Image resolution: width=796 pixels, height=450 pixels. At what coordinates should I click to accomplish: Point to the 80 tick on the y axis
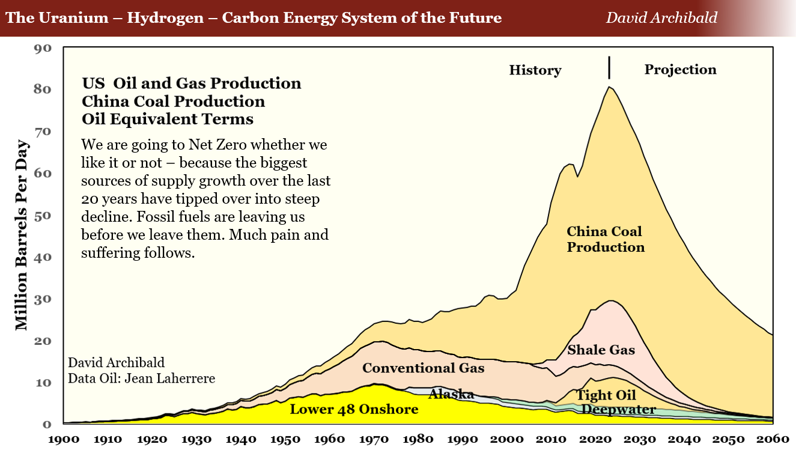43,90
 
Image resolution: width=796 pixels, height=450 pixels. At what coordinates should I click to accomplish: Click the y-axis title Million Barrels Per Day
22,236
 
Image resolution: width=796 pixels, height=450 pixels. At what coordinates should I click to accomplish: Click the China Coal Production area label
605,239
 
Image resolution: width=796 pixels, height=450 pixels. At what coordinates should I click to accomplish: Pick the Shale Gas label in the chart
601,350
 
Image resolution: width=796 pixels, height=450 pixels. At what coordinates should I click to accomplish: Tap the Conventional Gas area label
423,368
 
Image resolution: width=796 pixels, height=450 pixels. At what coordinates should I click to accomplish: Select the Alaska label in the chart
451,394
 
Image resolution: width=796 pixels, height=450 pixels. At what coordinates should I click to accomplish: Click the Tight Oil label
606,395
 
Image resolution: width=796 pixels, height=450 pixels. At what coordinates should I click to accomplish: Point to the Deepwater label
619,410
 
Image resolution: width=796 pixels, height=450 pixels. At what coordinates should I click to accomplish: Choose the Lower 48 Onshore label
354,410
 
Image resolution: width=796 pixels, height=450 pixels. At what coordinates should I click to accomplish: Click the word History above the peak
535,70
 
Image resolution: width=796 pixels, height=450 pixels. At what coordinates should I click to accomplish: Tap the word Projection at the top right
680,70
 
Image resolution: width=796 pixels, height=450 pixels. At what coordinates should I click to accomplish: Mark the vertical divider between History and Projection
609,67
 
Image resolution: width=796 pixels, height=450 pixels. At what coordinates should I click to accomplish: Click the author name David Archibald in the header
661,17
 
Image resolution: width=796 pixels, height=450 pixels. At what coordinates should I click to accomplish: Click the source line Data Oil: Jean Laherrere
141,379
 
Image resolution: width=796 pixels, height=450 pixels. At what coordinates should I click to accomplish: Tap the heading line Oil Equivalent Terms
168,119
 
